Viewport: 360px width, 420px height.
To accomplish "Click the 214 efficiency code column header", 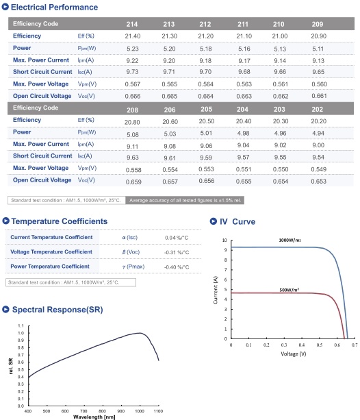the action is click(132, 24).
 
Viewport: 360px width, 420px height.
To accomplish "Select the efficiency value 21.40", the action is click(133, 36).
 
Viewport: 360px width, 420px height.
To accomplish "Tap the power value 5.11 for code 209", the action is click(318, 49).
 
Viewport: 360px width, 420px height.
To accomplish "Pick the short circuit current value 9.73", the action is click(132, 72).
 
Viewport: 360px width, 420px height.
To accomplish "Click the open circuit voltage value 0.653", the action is click(318, 182).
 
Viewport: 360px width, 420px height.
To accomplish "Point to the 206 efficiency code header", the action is click(170, 110).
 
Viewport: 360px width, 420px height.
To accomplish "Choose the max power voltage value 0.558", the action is click(133, 170).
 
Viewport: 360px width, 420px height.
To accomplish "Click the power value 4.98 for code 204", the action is click(243, 133).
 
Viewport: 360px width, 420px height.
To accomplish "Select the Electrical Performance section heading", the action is click(54, 7).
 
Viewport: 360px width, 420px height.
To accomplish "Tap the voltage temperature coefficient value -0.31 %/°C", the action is click(177, 252).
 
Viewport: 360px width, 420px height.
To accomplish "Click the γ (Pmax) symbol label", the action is click(133, 267).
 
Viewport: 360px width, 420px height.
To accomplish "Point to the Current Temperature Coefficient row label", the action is click(51, 237).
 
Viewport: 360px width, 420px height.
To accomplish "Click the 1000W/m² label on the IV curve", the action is click(290, 240).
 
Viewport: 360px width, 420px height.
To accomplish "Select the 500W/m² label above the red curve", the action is click(289, 290).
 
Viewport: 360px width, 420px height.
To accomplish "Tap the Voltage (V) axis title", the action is click(294, 354).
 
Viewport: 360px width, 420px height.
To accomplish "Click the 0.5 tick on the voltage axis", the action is click(320, 345).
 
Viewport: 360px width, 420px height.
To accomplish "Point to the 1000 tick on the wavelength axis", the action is click(140, 411).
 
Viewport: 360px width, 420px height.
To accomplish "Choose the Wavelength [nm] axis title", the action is click(94, 417).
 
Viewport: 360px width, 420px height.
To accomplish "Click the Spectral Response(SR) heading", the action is click(57, 310).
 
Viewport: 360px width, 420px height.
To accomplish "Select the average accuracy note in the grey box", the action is click(185, 200).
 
